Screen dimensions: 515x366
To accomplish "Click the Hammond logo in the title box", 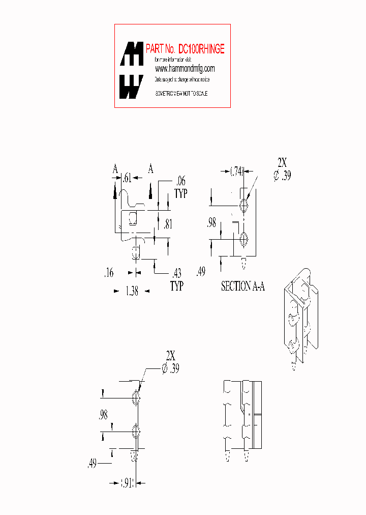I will click(x=131, y=70).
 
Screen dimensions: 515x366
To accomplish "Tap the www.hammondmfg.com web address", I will click(x=185, y=69).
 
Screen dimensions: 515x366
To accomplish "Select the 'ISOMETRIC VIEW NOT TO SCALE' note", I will click(x=181, y=94).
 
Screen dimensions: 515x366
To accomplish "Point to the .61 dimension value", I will click(x=127, y=178).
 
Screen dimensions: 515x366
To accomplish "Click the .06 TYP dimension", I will click(x=180, y=187).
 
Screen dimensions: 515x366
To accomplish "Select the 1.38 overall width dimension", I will click(x=131, y=292).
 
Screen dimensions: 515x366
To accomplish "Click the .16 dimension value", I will click(x=108, y=273).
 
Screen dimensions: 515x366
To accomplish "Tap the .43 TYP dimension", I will click(x=176, y=279).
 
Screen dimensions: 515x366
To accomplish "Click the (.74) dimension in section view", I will click(x=237, y=171).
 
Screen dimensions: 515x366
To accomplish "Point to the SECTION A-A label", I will click(x=243, y=287).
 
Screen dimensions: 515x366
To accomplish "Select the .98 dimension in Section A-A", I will click(x=211, y=223).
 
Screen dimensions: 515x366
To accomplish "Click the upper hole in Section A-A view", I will click(x=244, y=205).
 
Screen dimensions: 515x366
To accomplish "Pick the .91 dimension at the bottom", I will click(x=127, y=483).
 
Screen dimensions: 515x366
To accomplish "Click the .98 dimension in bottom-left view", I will click(x=103, y=415).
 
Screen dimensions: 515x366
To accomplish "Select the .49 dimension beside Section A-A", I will click(x=201, y=272).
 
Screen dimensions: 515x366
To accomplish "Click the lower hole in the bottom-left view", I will click(x=136, y=432).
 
